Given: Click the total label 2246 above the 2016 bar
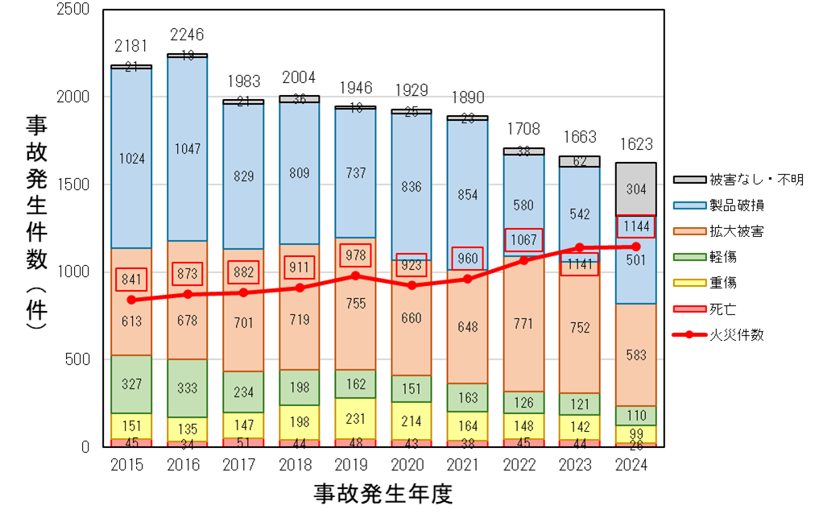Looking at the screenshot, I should click(187, 35).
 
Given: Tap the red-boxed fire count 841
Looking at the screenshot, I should click(131, 279).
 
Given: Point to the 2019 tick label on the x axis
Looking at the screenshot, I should click(355, 466).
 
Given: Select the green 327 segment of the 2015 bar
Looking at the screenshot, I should click(131, 384).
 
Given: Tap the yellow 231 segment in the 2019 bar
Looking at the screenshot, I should click(355, 419).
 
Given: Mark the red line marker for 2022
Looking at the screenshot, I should click(523, 260).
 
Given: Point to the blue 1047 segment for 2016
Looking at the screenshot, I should click(187, 149).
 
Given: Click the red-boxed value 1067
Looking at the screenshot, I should click(523, 239).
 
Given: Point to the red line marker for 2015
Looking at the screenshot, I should click(131, 300).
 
